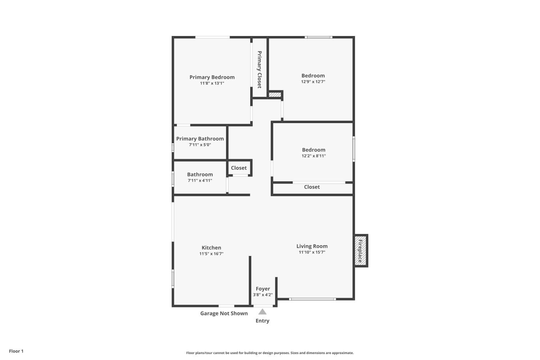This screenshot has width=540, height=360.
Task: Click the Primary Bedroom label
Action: point(212,77)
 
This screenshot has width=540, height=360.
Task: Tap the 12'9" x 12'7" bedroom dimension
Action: point(313,82)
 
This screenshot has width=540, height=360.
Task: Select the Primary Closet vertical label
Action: point(259,69)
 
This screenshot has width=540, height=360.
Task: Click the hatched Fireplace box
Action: point(361,251)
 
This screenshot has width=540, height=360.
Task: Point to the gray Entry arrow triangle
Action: point(262,312)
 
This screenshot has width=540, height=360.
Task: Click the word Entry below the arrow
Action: point(262,321)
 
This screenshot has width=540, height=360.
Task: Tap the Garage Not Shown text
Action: point(224,313)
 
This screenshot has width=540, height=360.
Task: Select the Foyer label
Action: point(263,289)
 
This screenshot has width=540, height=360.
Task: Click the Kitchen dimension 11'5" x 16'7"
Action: point(211,254)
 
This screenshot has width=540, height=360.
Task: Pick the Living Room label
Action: point(312,246)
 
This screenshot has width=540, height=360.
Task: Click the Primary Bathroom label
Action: point(200,139)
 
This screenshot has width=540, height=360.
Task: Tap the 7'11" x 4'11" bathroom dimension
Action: point(200,181)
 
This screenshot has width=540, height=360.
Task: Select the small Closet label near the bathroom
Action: point(239,168)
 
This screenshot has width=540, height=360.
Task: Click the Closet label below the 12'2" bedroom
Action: point(312,187)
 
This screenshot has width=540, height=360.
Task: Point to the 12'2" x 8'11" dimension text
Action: point(314,156)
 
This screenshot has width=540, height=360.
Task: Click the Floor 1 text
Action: point(16,351)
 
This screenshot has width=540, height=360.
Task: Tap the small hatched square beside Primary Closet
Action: point(275,95)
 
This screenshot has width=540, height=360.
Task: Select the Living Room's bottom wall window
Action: point(312,299)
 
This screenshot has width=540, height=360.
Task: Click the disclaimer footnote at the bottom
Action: point(270,353)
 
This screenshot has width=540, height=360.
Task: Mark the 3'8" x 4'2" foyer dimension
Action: point(263,295)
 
